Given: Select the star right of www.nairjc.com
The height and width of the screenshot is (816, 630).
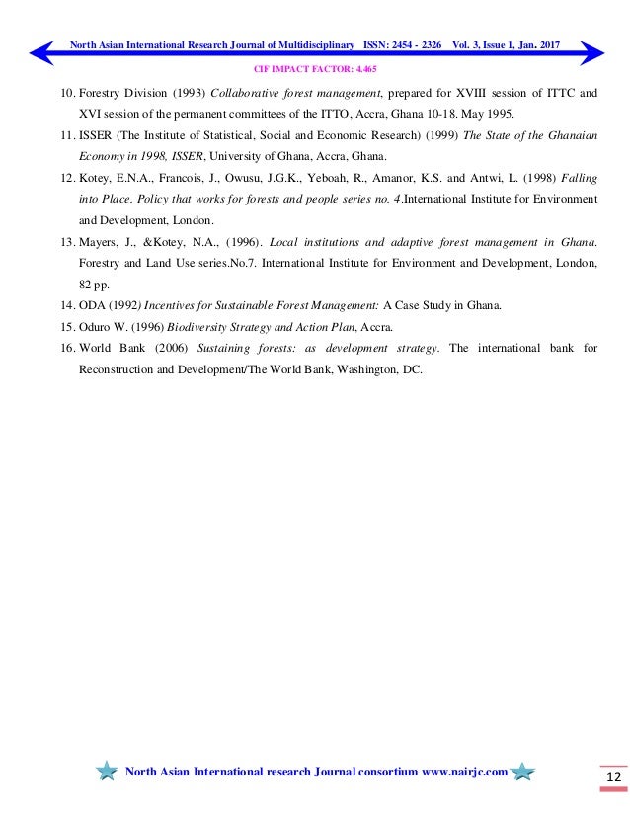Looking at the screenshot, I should click(x=523, y=771).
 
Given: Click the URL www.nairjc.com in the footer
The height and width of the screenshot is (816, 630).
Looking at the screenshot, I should click(x=464, y=772).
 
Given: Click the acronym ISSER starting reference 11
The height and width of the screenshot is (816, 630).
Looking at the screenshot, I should click(x=98, y=136).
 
